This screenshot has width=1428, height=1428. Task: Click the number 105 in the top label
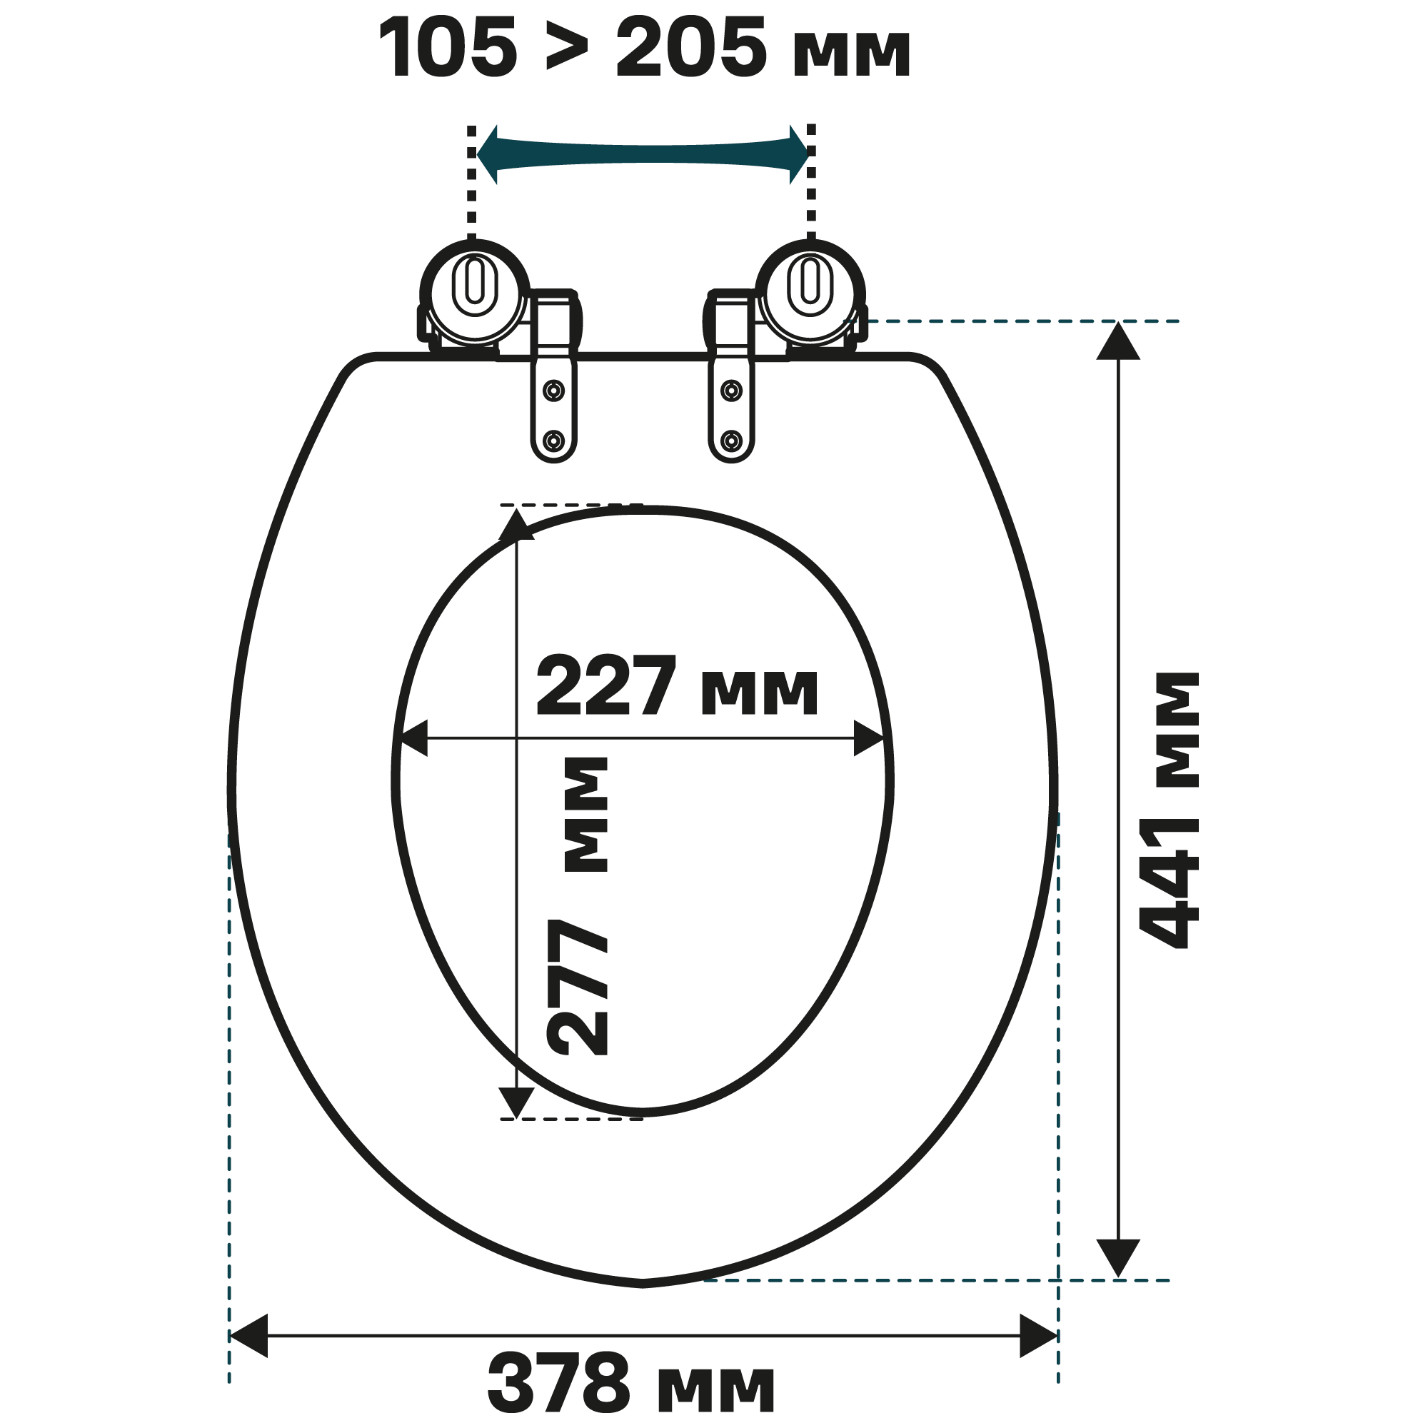pyautogui.click(x=448, y=49)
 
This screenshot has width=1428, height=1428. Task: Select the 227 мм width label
pyautogui.click(x=677, y=686)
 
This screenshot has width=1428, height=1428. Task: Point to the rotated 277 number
pyautogui.click(x=577, y=987)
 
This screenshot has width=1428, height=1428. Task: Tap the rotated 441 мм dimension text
pyautogui.click(x=1169, y=810)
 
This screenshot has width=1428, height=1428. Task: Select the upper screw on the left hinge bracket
pyautogui.click(x=553, y=390)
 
